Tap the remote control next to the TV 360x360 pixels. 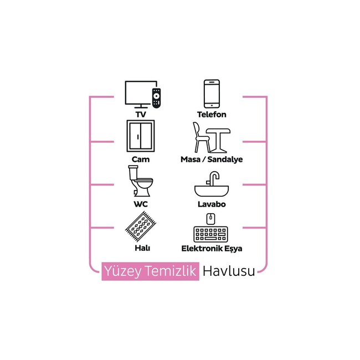click(156, 97)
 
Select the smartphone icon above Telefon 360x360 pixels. click(212, 94)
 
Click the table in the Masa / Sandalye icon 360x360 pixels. click(219, 138)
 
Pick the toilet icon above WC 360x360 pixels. click(140, 183)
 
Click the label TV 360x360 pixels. click(141, 115)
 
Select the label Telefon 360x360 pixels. click(212, 115)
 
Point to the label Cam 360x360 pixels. click(140, 160)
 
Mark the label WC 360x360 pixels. click(140, 204)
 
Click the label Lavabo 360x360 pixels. click(212, 204)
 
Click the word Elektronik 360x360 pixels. click(201, 249)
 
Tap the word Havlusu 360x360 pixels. click(229, 271)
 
